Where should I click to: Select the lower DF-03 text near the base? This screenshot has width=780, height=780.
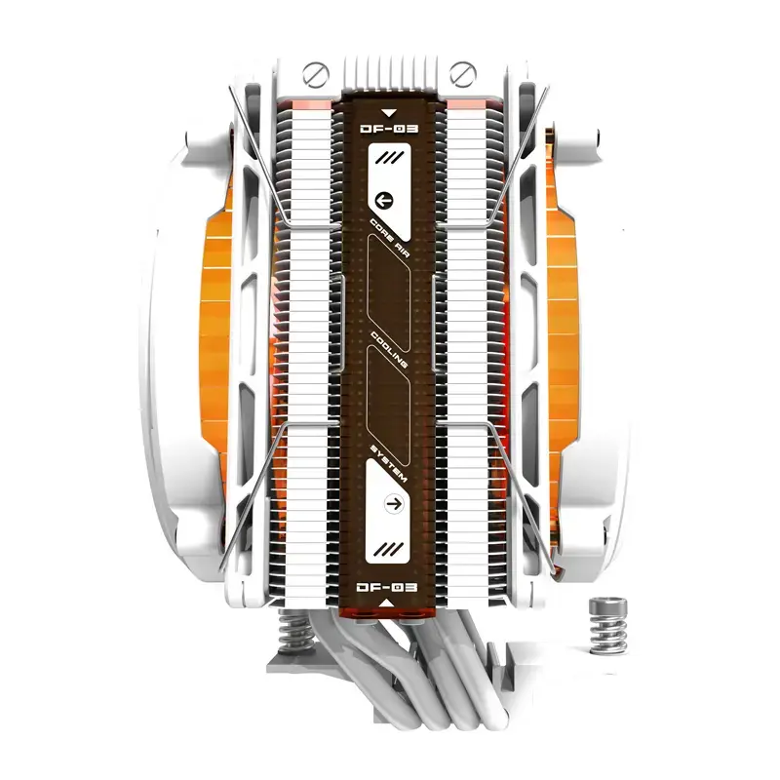click(388, 588)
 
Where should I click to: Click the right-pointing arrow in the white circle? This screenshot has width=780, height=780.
click(394, 504)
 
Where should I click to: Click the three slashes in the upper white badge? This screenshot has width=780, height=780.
click(393, 156)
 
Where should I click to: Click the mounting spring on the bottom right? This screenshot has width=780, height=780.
click(604, 624)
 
